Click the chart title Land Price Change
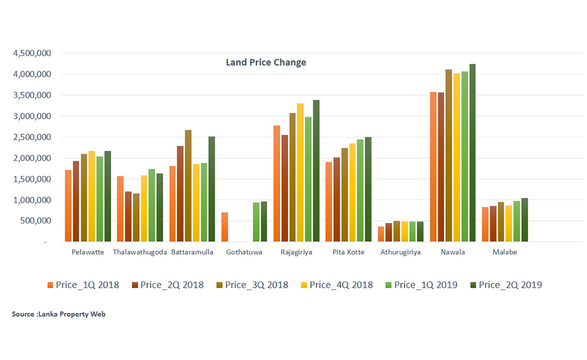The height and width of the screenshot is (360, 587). point(266,62)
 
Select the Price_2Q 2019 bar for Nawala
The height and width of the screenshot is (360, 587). point(472,153)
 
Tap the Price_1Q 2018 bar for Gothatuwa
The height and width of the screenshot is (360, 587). point(225,227)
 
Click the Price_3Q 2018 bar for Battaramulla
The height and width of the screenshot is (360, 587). point(188,186)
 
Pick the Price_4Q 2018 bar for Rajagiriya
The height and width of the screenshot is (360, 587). point(300,173)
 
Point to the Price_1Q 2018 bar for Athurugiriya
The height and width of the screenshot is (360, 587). point(381,234)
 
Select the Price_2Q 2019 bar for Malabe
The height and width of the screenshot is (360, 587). point(525,220)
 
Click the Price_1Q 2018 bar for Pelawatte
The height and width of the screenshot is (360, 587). point(68,206)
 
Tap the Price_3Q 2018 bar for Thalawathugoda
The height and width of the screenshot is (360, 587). point(136,217)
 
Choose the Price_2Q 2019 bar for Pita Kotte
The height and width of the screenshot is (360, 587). point(368,189)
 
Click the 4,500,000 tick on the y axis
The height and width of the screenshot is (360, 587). point(32,53)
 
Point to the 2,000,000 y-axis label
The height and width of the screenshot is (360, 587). point(32,158)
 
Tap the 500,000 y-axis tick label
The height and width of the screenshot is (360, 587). point(36,221)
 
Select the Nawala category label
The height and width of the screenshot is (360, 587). point(453,252)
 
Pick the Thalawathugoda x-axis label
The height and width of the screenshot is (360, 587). point(140,252)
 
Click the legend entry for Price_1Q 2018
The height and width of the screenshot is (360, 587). point(83,285)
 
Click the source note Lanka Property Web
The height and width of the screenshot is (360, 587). point(58,314)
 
